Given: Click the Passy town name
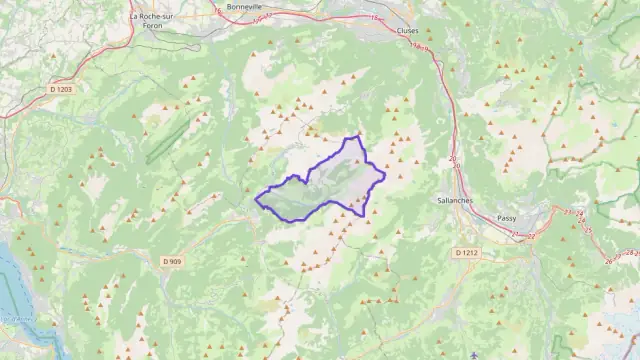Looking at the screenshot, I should coord(506,218).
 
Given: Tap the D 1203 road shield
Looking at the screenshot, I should coord(62,90).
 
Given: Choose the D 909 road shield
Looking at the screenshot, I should coord(171,262).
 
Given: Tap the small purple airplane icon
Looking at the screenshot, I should coord(473,354).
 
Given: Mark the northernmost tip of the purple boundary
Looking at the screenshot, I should coord(357,135).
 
